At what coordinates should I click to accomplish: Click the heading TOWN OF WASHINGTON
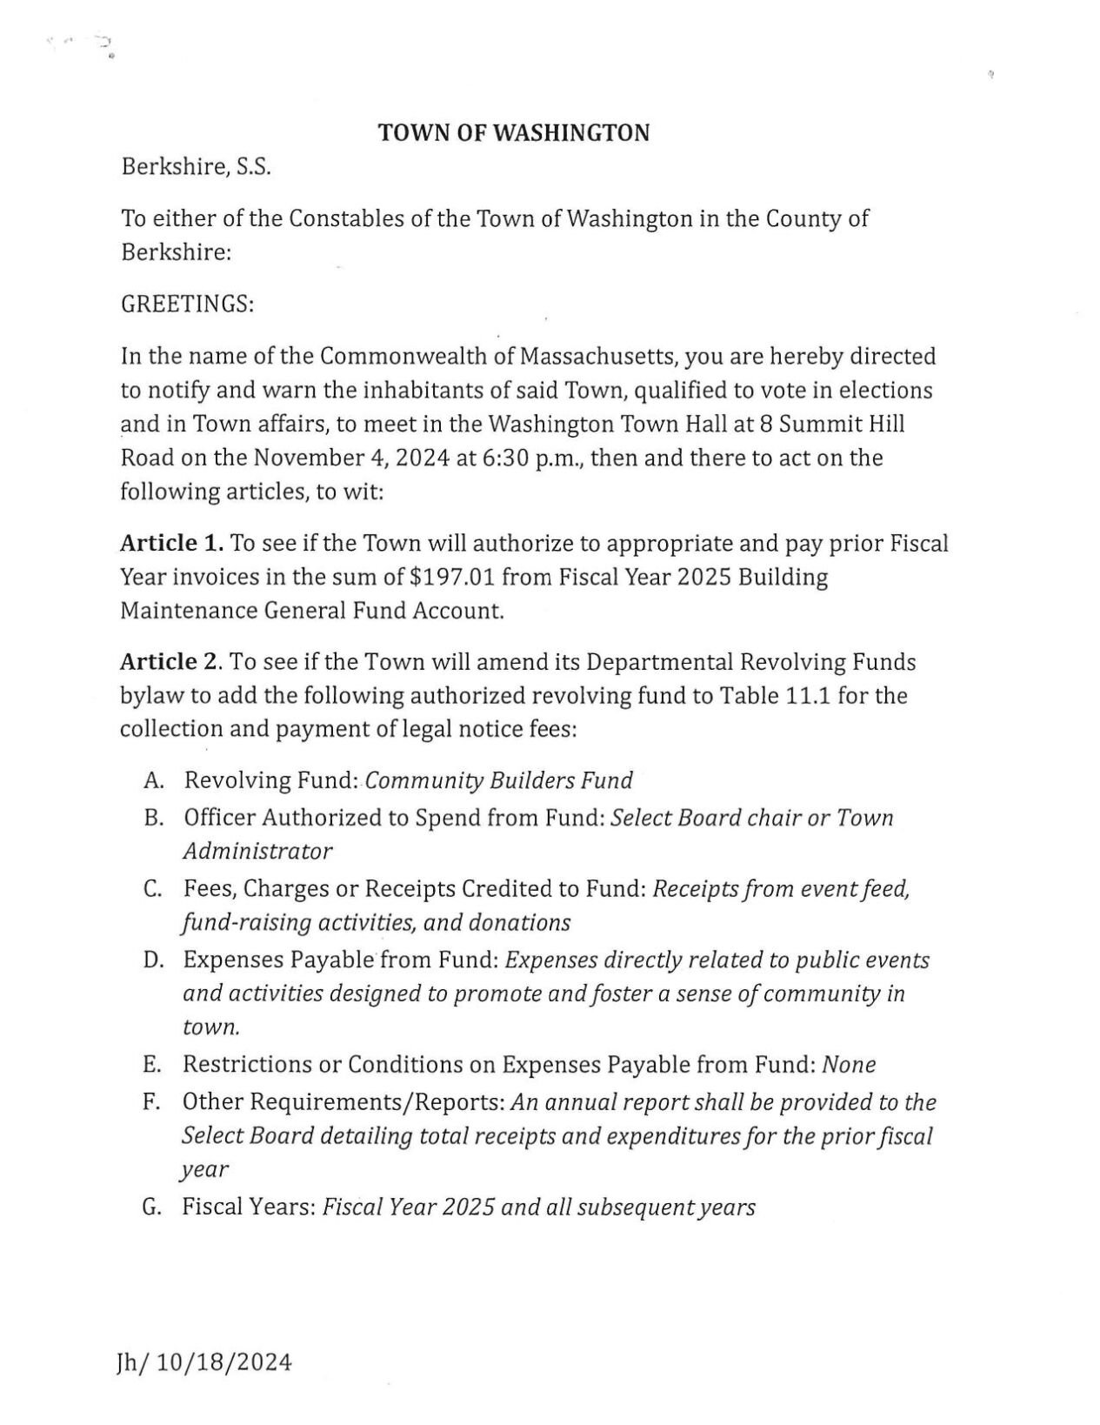click(513, 133)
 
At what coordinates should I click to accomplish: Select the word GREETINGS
click(187, 305)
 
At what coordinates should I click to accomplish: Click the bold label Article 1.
click(171, 544)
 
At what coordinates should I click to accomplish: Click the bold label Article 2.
click(171, 662)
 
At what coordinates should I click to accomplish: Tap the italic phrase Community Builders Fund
click(498, 780)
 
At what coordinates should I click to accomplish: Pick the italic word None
click(849, 1065)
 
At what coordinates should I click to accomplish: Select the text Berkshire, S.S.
click(196, 166)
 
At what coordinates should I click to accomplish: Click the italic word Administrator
click(257, 851)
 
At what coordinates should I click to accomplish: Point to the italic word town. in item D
click(210, 1027)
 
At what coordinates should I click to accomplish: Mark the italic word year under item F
click(204, 1170)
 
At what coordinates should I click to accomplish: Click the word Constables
click(345, 218)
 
